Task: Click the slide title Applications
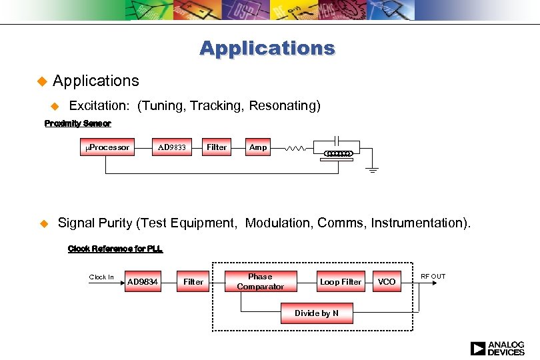click(267, 49)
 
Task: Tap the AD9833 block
click(171, 147)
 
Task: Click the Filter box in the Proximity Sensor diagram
click(217, 147)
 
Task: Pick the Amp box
click(258, 147)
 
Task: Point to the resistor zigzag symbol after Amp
click(295, 149)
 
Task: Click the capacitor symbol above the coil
click(337, 140)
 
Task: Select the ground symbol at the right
click(373, 169)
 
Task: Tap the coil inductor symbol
click(337, 154)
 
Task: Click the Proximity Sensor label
click(77, 123)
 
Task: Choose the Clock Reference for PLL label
click(115, 249)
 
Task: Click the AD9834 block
click(143, 282)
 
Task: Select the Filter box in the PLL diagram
click(193, 282)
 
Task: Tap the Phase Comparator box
click(260, 281)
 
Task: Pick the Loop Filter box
click(340, 282)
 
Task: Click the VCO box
click(387, 282)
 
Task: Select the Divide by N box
click(317, 313)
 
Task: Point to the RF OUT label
click(433, 276)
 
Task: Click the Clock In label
click(101, 277)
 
